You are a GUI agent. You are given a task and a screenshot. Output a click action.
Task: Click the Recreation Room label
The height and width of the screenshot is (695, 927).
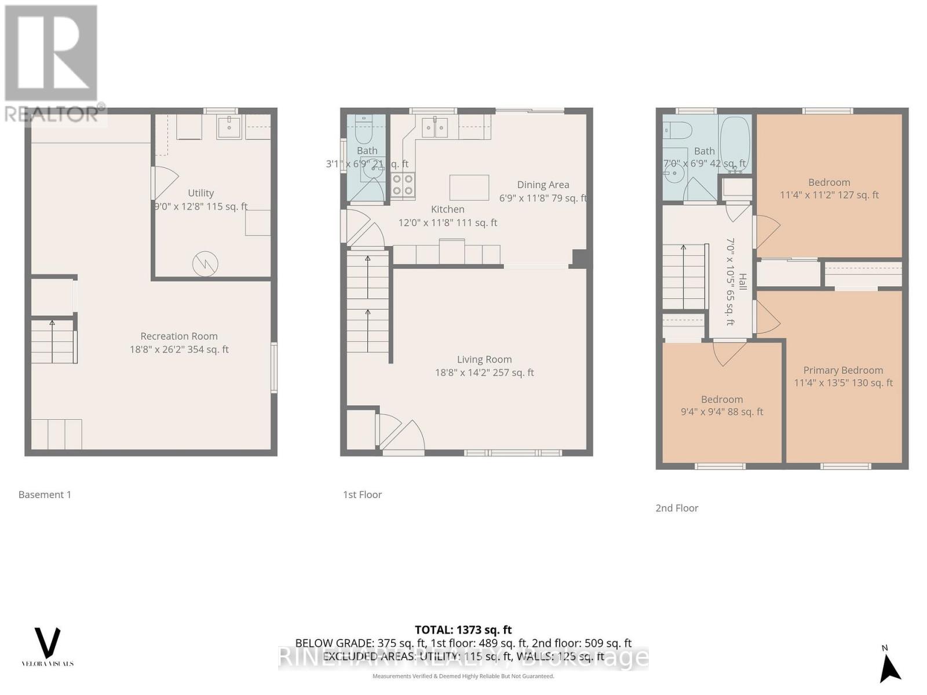(x=179, y=336)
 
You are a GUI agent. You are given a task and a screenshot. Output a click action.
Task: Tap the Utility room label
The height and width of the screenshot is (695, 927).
(x=200, y=193)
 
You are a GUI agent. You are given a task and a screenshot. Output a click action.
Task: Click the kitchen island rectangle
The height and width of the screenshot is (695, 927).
(x=469, y=188)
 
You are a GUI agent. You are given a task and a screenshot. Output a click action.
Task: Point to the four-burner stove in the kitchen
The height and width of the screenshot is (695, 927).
(x=403, y=185)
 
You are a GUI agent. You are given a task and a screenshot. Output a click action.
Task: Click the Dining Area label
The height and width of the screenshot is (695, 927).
(x=543, y=185)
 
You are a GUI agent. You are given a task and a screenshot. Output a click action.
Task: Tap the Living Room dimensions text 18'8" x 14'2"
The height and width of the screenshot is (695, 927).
(x=484, y=373)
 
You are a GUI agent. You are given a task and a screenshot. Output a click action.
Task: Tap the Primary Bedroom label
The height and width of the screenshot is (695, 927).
(x=843, y=370)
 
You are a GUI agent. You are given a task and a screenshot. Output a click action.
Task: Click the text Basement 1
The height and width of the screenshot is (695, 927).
(x=45, y=495)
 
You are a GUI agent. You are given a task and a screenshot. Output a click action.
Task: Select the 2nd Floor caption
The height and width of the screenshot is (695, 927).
(x=677, y=508)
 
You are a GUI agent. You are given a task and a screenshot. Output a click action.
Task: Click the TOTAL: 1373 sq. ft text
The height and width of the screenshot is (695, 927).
(x=463, y=630)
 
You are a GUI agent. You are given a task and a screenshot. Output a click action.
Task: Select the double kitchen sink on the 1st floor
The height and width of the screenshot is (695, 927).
(x=434, y=127)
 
